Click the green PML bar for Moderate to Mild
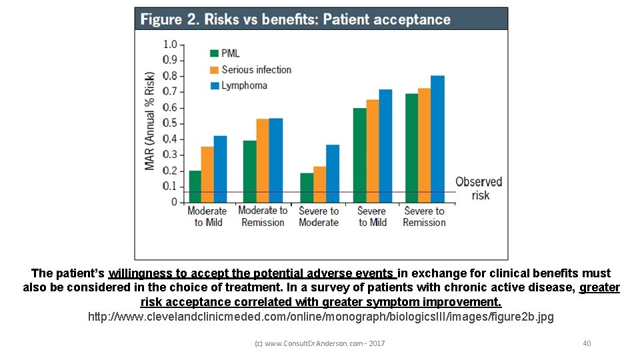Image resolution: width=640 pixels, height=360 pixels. [x=195, y=187]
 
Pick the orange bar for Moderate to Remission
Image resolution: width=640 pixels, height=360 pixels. [x=263, y=161]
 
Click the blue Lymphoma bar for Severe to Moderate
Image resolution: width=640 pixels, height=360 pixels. [x=333, y=173]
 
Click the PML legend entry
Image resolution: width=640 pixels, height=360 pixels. [x=225, y=53]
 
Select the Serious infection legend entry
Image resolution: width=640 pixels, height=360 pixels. [x=250, y=69]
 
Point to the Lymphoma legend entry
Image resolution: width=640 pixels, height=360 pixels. [x=238, y=85]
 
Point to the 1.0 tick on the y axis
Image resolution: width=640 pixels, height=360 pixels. [x=170, y=45]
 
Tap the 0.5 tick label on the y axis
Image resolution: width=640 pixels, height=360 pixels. [x=170, y=123]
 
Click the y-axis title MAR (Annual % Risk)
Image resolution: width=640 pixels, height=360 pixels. [x=150, y=120]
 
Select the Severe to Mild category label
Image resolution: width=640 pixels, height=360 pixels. [x=371, y=217]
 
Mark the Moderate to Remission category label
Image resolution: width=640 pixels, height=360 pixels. [x=263, y=217]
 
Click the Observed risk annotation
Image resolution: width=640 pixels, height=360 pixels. [x=479, y=188]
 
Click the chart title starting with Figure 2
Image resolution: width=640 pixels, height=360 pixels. [x=295, y=19]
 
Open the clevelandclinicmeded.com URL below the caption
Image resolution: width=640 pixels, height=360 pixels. [x=321, y=317]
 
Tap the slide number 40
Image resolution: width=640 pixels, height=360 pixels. [x=587, y=343]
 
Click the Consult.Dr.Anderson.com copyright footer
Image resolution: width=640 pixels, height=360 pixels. [x=320, y=343]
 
